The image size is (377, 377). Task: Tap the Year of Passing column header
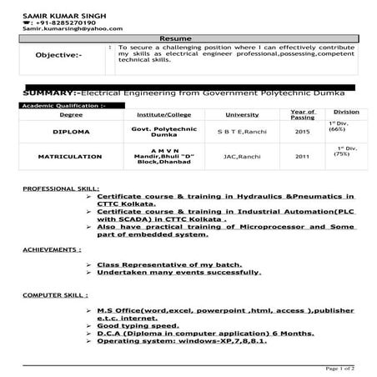click(302, 113)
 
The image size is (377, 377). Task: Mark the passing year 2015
click(302, 131)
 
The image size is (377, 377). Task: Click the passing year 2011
click(302, 156)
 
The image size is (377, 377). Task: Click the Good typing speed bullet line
click(141, 325)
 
